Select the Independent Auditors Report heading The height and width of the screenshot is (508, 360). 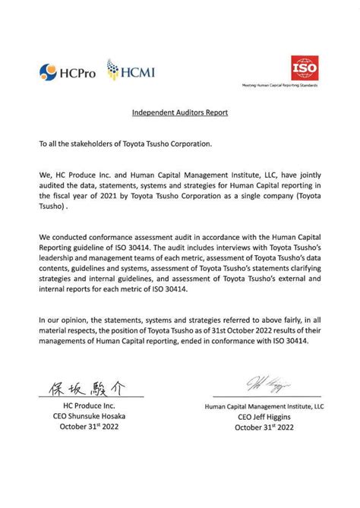click(x=180, y=113)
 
